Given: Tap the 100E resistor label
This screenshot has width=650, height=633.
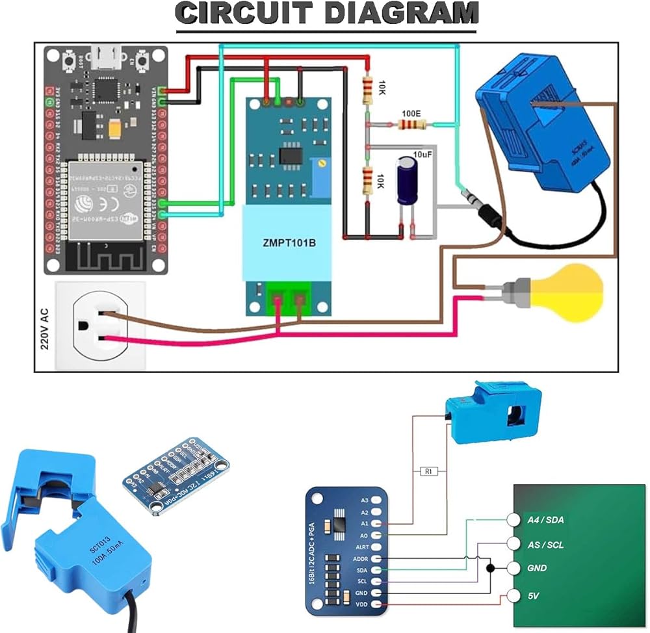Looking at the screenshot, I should tap(411, 113).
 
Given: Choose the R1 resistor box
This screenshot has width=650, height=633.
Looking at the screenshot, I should tap(427, 471).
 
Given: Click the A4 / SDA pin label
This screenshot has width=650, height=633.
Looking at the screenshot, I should tap(545, 520).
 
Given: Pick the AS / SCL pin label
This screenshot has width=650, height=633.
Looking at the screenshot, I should tap(545, 545).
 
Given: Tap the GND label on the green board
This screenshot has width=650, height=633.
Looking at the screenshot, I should tap(537, 568).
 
